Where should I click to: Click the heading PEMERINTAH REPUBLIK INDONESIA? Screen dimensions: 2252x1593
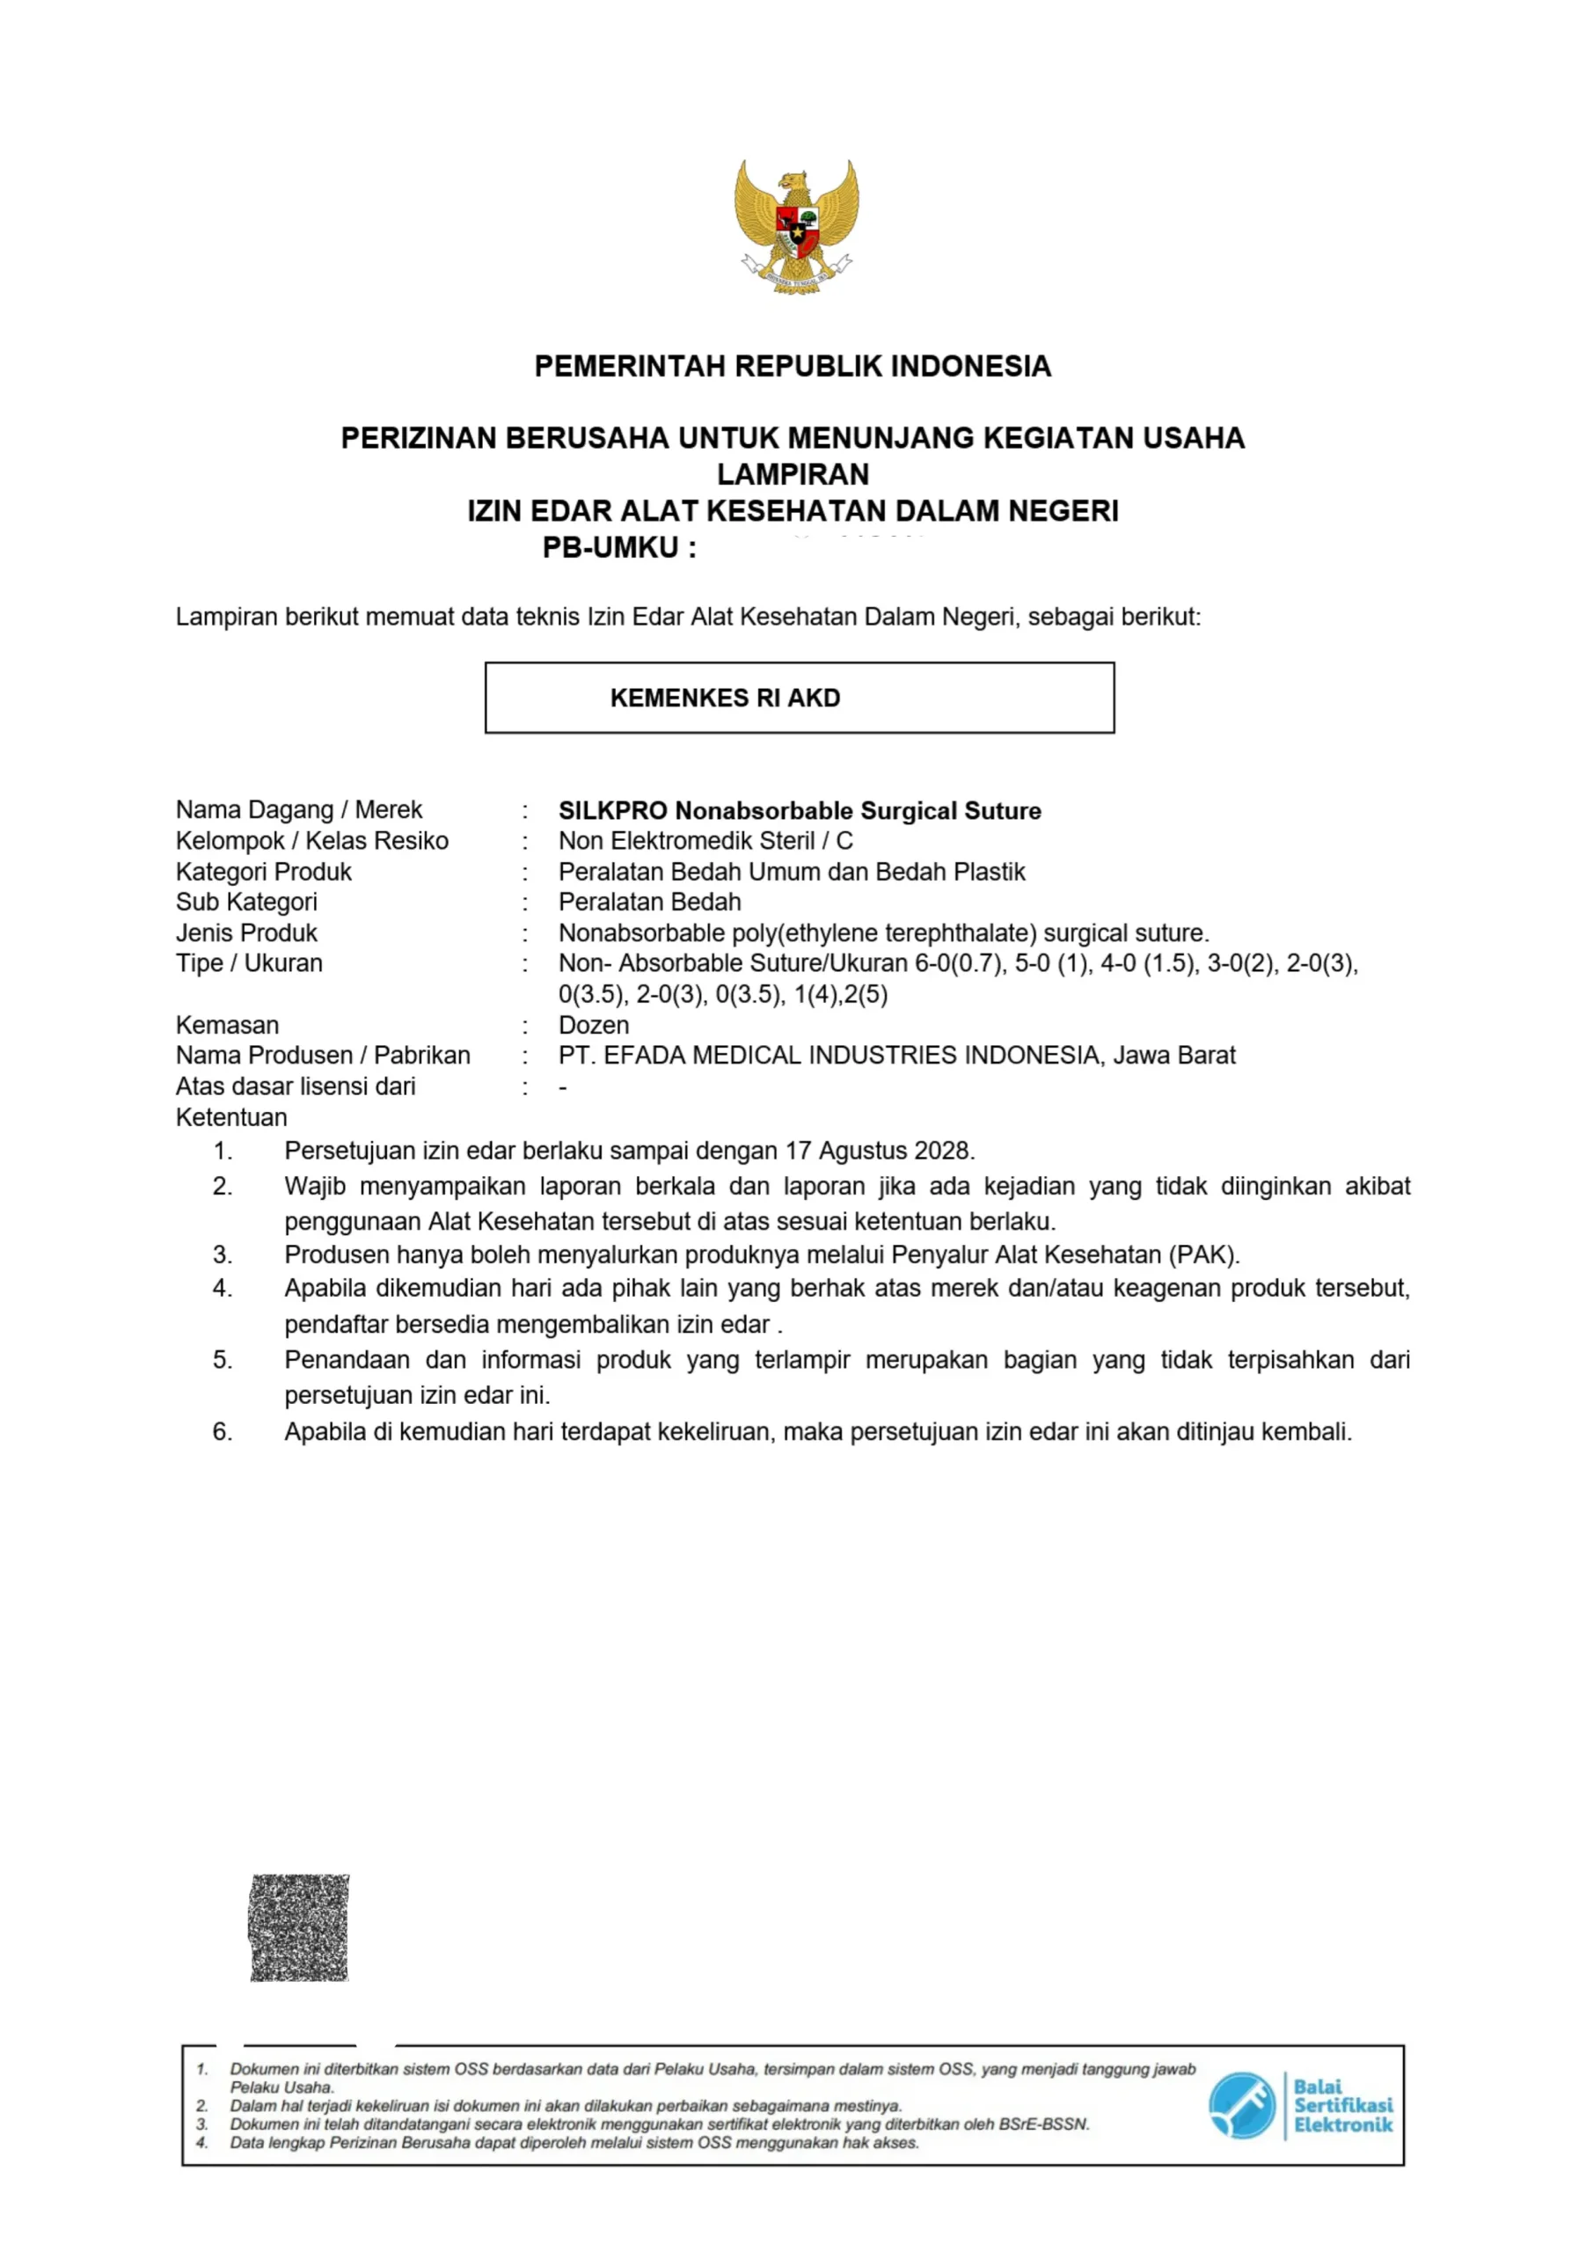(x=793, y=367)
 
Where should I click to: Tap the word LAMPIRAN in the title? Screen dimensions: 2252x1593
(x=793, y=475)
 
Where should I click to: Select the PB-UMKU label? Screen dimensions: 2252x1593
(x=619, y=548)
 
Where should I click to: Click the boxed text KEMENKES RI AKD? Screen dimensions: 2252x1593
(x=725, y=698)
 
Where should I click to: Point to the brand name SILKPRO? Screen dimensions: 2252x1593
(x=613, y=811)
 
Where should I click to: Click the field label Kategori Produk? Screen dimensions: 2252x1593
(x=263, y=872)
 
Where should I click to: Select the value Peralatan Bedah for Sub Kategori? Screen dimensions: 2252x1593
(x=649, y=903)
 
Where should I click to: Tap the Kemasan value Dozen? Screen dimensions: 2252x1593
(x=594, y=1025)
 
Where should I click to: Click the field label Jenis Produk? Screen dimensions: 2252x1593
(x=246, y=932)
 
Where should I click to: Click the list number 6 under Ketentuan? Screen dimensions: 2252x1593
(x=223, y=1432)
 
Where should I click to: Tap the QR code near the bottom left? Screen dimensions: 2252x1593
(x=299, y=1927)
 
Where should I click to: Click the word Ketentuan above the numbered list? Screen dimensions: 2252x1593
(x=231, y=1117)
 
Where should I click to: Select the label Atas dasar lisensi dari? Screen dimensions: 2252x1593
(x=296, y=1086)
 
